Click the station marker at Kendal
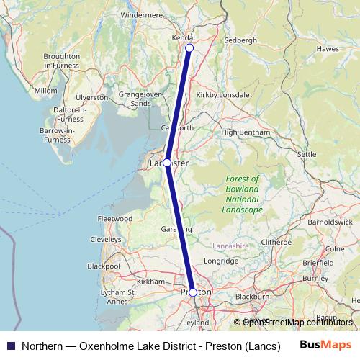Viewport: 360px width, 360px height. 189,48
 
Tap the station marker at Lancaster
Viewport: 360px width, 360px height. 167,163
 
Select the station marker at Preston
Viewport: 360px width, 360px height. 193,292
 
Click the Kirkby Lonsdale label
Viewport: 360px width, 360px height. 225,95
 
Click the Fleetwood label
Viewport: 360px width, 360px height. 115,218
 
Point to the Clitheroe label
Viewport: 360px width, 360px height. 276,242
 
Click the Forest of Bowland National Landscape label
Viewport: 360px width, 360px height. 242,194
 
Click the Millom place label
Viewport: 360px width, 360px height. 45,91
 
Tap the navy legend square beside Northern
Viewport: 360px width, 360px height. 10,345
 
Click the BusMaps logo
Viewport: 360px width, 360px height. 325,345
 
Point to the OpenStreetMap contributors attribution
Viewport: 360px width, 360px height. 293,322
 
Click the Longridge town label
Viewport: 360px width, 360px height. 220,261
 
